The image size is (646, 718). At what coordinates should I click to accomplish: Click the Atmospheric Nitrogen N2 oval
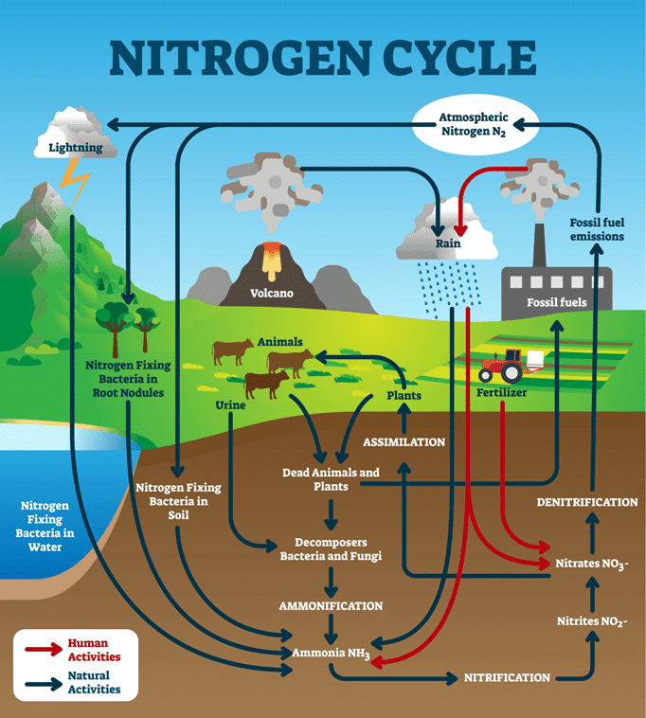point(475,125)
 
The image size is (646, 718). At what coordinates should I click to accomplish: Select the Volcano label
point(271,293)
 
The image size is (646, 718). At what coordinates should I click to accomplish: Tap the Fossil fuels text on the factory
point(556,303)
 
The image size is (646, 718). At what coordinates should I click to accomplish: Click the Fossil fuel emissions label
point(597,228)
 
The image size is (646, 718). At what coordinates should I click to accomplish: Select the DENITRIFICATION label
point(587,501)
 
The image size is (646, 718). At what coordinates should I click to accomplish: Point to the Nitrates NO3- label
point(591,563)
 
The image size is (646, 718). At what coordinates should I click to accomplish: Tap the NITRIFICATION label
point(507,677)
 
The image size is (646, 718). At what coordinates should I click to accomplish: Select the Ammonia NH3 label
point(330,655)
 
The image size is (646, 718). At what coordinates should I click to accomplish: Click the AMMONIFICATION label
point(331,605)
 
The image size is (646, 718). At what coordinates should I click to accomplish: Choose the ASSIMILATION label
point(404,442)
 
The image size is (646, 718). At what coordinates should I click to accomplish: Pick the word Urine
point(230,405)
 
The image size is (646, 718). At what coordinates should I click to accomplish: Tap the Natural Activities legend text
point(95,682)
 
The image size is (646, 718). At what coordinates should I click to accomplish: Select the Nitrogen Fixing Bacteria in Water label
point(45,526)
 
